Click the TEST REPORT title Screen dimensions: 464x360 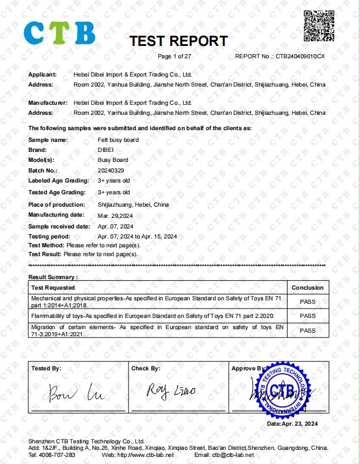tap(178, 41)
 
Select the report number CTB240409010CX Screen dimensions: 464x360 tap(300, 57)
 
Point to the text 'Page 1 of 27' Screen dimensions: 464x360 tap(175, 57)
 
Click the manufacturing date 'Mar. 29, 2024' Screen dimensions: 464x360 tap(115, 215)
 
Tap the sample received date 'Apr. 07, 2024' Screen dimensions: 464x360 tap(115, 226)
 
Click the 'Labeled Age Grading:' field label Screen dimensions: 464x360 tap(57, 181)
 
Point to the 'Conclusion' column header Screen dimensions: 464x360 tap(308, 287)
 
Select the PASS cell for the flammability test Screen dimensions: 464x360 tap(308, 316)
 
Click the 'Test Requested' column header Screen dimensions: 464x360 tap(53, 287)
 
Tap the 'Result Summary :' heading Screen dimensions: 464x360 tap(53, 277)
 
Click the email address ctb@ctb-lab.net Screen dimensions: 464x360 tap(233, 455)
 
